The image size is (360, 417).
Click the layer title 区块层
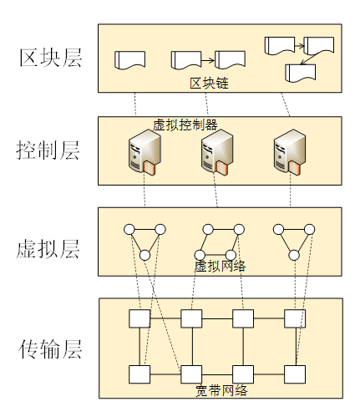point(51,58)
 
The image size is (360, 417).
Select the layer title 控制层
point(48,150)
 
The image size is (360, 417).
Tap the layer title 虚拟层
point(48,249)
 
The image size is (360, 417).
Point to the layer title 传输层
point(50,349)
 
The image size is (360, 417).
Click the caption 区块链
point(209,84)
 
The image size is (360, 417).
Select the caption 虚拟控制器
point(185,125)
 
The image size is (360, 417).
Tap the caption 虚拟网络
point(221,267)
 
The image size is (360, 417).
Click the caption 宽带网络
point(221,390)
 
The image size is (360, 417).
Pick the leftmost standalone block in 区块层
point(129,60)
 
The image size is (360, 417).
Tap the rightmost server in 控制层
point(290,152)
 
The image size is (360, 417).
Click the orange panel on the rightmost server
point(294,168)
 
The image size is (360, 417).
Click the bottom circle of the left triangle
point(145,255)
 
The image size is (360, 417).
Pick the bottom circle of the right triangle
point(294,255)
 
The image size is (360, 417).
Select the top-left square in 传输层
point(139,318)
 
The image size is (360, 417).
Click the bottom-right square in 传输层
point(295,374)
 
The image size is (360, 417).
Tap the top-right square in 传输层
point(295,318)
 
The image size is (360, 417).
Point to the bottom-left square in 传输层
point(139,374)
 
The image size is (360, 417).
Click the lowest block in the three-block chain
point(301,74)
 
